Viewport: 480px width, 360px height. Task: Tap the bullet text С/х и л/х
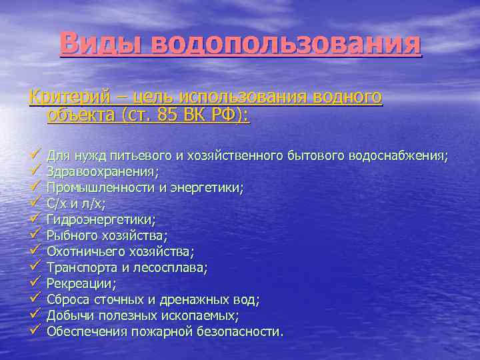[x=77, y=204]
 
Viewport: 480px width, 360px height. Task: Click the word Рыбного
[x=71, y=235]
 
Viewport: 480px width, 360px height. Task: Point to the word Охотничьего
[x=84, y=251]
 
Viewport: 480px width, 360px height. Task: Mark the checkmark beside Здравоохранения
[x=36, y=171]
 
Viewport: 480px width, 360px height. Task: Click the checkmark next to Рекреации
[x=36, y=283]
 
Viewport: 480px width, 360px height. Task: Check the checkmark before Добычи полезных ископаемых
[x=36, y=315]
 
